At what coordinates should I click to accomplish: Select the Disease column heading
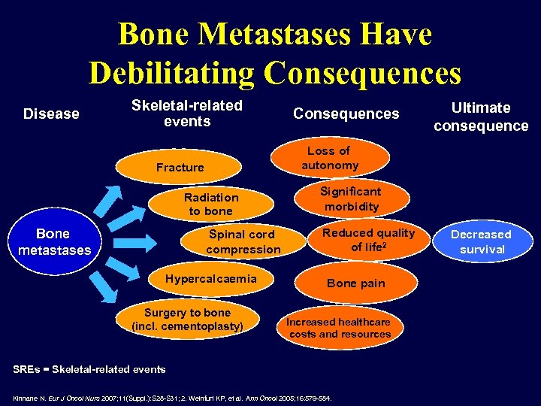pos(51,114)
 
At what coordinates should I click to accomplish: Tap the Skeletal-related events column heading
pos(187,114)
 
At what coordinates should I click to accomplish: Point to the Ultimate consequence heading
pos(481,117)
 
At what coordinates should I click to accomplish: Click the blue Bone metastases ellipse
pos(53,241)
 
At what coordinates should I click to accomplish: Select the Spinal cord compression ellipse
pos(243,241)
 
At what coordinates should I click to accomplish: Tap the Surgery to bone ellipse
pos(187,320)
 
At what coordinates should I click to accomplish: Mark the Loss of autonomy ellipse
pos(330,158)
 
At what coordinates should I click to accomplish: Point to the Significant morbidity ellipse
pos(351,199)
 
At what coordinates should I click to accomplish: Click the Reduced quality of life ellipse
pos(368,240)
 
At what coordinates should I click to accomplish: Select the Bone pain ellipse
pos(356,283)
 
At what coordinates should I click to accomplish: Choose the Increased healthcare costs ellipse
pos(340,327)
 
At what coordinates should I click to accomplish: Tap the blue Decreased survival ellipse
pos(482,241)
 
